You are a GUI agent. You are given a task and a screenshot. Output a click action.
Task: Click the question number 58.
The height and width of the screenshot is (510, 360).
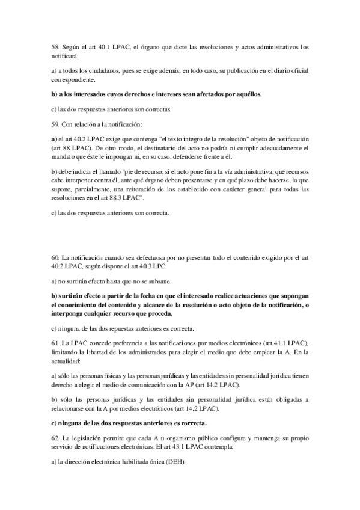(x=57, y=46)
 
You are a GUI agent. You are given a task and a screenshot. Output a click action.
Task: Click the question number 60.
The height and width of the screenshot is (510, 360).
(x=57, y=257)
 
